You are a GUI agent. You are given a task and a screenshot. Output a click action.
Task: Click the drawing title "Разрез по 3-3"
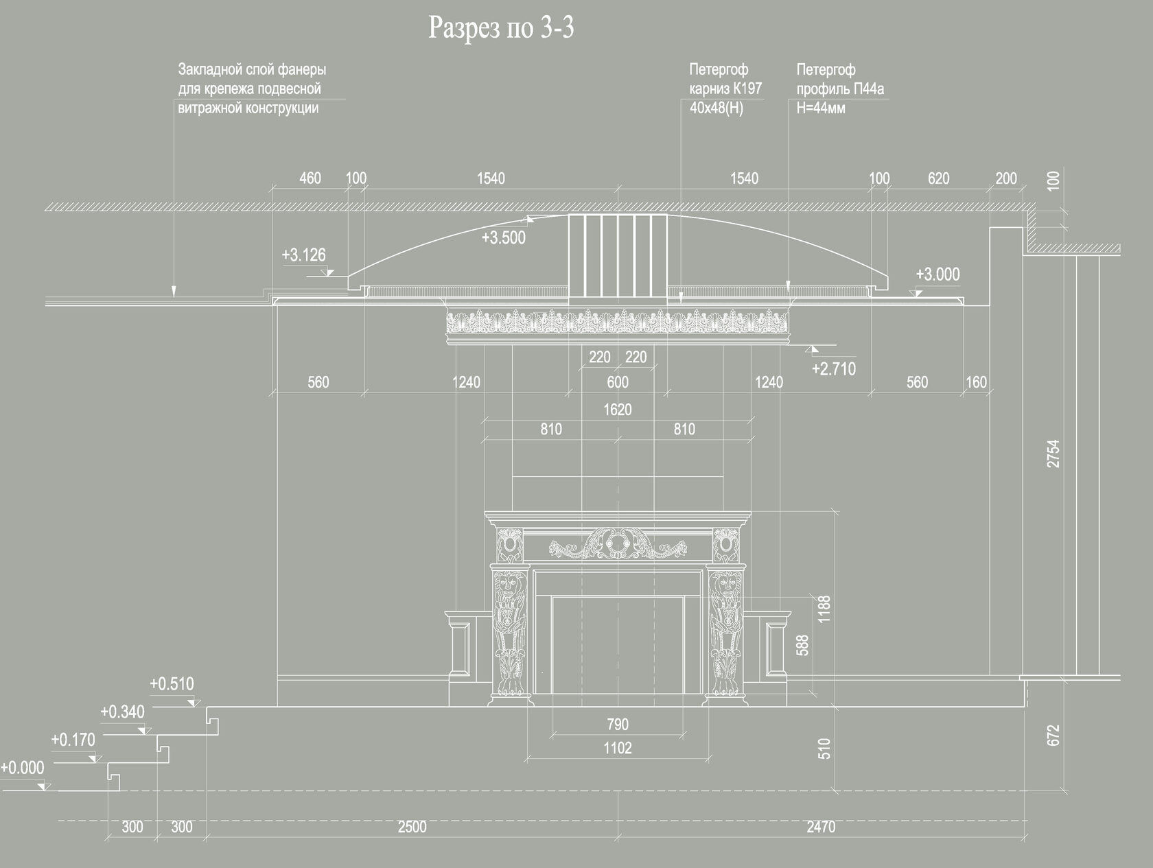coord(501,28)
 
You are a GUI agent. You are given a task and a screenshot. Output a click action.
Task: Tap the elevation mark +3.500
coord(503,238)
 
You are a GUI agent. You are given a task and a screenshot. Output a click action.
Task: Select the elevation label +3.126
coord(303,255)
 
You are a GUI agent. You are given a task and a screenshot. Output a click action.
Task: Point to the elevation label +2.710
coord(833,369)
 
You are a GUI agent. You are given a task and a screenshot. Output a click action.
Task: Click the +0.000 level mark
coord(22,768)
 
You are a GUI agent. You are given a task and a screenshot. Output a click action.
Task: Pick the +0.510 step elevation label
coord(172,684)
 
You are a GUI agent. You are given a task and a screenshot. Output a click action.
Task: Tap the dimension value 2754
coord(1053,454)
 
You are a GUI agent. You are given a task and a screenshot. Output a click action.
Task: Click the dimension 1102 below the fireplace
coord(617,748)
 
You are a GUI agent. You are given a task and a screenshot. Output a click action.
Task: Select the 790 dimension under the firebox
coord(617,724)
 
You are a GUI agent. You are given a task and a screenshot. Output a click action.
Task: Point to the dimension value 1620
coord(617,410)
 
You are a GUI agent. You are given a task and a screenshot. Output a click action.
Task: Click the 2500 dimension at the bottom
coord(412,827)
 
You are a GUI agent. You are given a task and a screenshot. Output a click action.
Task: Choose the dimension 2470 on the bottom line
coord(820,827)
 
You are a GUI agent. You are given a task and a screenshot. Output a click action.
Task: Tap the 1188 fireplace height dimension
coord(824,609)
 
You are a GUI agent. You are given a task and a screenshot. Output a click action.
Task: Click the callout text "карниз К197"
coord(725,89)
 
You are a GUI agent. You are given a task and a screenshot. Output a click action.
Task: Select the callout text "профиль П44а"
coord(840,89)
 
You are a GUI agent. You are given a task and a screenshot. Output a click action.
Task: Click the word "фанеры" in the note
coord(301,69)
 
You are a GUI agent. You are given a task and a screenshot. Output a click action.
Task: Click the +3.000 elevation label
coord(937,274)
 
